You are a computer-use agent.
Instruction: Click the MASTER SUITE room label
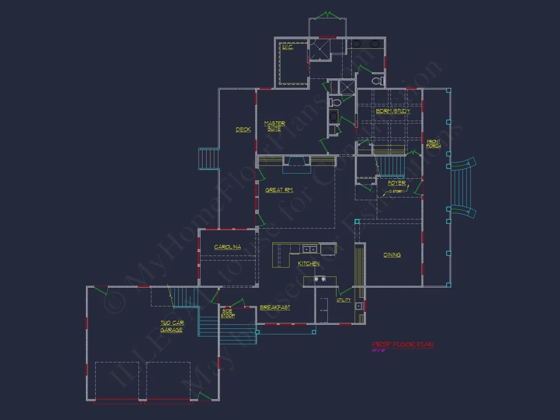coord(274,126)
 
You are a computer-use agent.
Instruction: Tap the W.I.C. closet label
coord(287,47)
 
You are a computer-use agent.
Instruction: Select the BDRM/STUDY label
coord(393,111)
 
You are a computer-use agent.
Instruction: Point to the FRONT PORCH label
coord(434,144)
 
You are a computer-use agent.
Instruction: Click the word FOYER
coord(397,183)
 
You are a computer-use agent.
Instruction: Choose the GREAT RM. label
coord(279,190)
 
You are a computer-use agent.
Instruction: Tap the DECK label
coord(243,130)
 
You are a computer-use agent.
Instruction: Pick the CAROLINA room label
coord(228,247)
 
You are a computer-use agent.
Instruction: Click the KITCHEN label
coord(309,264)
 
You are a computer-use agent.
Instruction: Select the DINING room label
coord(392,255)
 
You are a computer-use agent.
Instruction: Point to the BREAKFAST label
coord(275,307)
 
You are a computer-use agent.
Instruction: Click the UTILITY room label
coord(344,300)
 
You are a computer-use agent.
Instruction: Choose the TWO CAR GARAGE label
coord(172,326)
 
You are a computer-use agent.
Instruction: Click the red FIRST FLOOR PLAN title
coord(403,345)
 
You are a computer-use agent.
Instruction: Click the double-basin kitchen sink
coord(309,249)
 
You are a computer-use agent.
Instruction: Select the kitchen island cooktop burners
coord(320,279)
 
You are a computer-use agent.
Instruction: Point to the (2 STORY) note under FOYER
coord(396,191)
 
